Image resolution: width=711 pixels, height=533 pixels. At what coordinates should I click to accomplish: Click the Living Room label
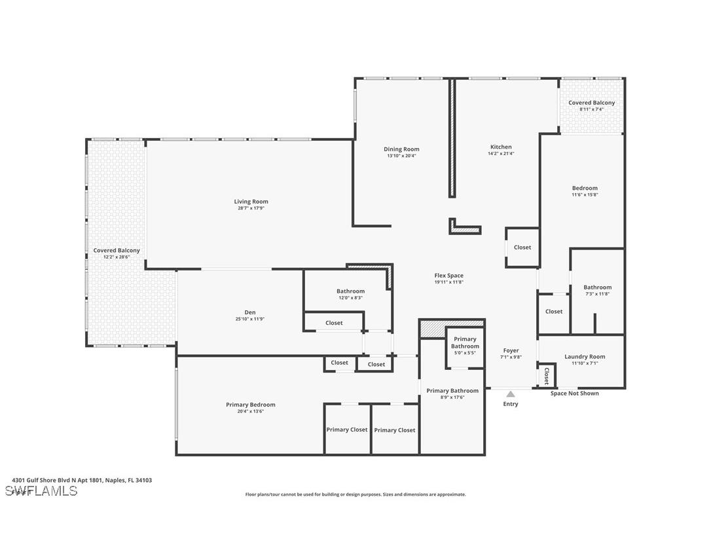coord(251,202)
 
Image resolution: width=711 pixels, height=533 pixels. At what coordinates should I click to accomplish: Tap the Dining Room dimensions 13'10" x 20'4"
coord(401,156)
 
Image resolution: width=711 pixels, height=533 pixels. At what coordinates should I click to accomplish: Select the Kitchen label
coord(501,147)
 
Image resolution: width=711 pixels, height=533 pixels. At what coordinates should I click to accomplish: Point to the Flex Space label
coord(448,276)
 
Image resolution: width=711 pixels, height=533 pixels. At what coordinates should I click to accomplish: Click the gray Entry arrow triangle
coord(510,394)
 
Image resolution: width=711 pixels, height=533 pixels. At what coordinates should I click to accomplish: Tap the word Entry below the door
coord(510,404)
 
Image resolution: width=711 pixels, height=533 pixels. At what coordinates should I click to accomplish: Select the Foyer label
coord(511,351)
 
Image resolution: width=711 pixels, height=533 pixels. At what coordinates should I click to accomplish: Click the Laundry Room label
coord(585,357)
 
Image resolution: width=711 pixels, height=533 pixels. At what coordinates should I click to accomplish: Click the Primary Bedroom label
coord(250,405)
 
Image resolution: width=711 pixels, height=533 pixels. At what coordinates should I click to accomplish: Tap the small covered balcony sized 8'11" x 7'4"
coord(591,105)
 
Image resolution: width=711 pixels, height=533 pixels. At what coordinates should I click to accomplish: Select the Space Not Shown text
coord(574,394)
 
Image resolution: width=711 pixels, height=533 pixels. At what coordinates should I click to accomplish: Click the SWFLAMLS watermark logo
coord(41,490)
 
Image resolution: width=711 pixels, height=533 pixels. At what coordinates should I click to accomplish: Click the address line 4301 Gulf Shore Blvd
coord(82,480)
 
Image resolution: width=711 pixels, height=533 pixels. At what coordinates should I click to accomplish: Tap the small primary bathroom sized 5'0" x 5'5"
coord(465,346)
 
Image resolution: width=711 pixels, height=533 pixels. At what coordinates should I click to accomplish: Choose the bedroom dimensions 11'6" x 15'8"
coord(585,194)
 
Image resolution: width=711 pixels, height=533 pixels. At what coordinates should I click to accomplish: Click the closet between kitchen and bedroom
coord(522,248)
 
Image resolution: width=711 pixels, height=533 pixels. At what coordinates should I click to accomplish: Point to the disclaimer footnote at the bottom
coord(355,494)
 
